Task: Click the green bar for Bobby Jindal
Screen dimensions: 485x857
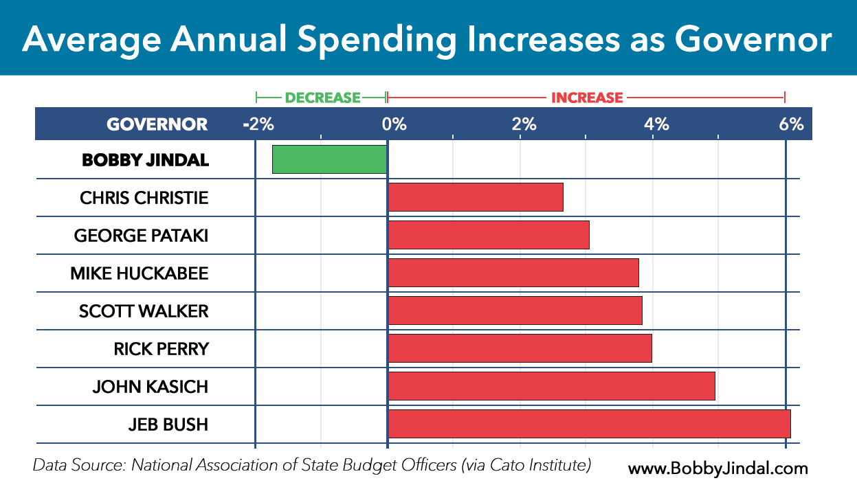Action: coord(330,159)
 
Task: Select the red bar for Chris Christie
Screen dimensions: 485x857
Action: coord(476,197)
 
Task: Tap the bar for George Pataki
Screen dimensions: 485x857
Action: coord(489,235)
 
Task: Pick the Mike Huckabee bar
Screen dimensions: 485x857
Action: coord(513,273)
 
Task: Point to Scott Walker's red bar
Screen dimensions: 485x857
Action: coord(515,311)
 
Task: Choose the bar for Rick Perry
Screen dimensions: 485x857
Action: coord(520,348)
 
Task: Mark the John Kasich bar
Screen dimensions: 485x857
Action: coord(551,386)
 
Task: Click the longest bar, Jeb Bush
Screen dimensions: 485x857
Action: coord(589,424)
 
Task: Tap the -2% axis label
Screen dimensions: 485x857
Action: coord(258,124)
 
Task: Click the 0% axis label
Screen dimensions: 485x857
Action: coord(394,124)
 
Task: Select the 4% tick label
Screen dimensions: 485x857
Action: coord(656,124)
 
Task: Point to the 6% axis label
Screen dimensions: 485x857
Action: coord(791,124)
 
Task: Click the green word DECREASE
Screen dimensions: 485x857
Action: coord(322,98)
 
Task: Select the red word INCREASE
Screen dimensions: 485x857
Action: coord(587,98)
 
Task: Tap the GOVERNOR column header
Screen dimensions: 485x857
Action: coord(157,124)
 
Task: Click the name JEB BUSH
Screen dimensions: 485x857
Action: coord(168,425)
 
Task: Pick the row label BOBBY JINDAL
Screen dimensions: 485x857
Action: coord(144,160)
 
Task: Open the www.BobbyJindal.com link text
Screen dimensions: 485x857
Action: coord(717,469)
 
